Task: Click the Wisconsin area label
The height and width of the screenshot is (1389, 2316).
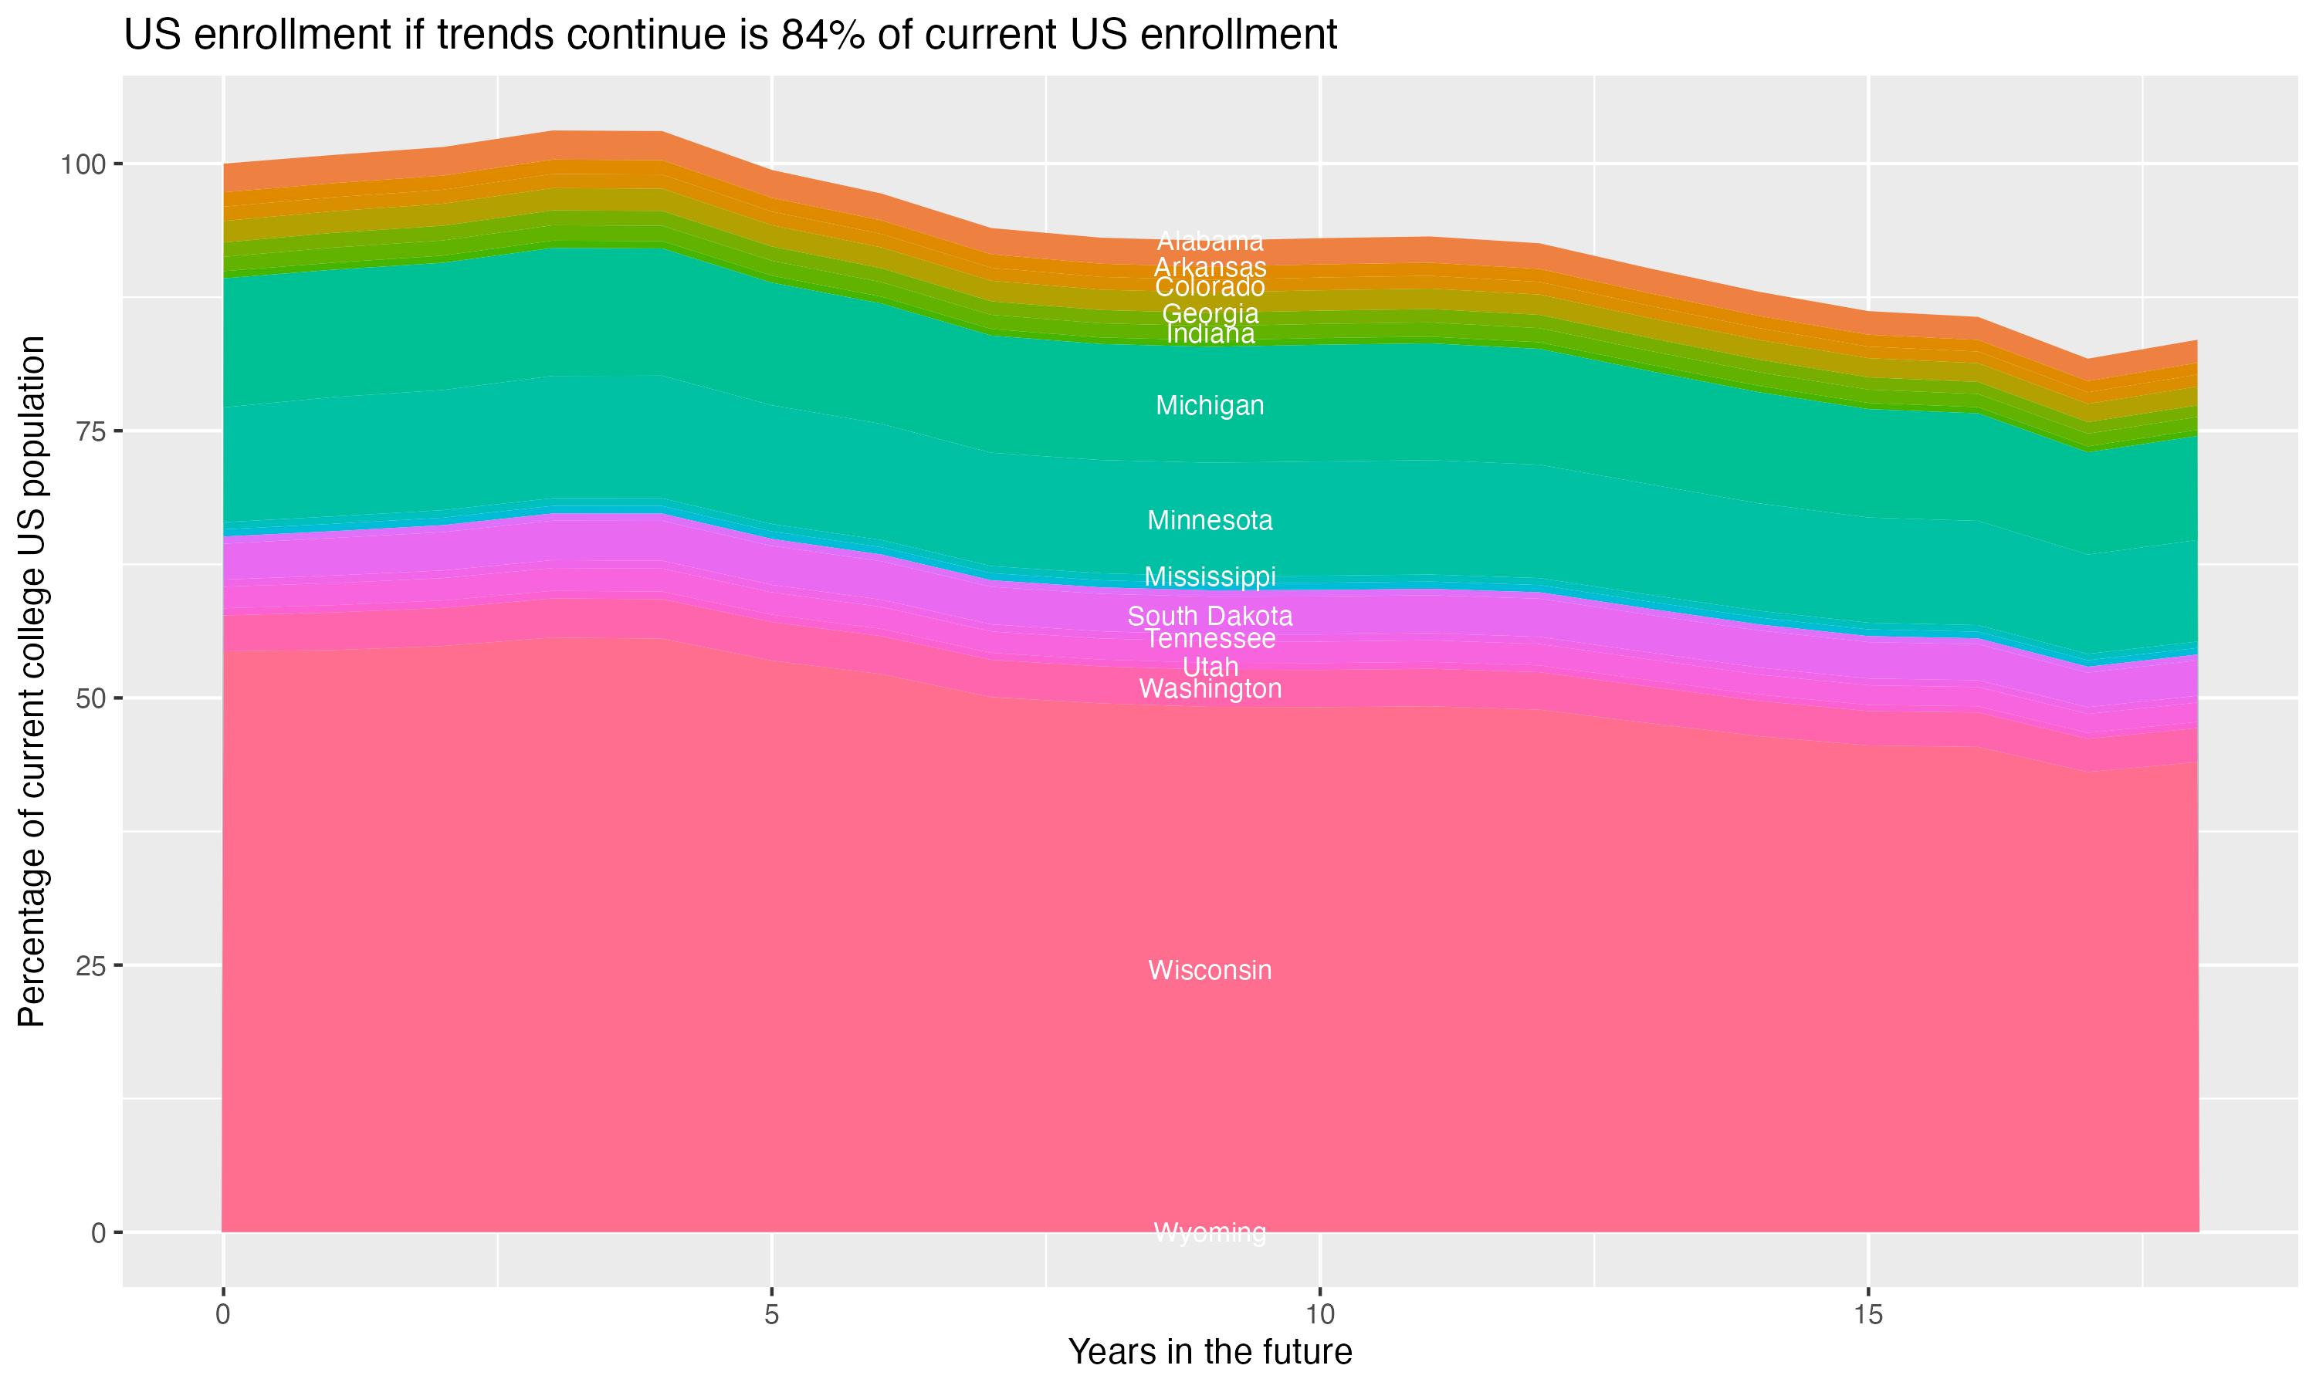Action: tap(1210, 971)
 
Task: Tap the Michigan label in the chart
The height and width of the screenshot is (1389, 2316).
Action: tap(1210, 405)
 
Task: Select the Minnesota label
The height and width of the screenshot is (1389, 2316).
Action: tap(1210, 520)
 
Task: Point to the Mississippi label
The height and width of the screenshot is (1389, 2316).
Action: tap(1210, 576)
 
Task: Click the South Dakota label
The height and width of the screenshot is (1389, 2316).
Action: tap(1210, 616)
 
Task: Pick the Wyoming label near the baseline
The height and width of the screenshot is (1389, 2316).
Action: tap(1210, 1232)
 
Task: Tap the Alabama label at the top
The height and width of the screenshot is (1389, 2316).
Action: tap(1210, 242)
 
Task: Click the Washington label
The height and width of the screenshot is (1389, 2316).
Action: tap(1210, 689)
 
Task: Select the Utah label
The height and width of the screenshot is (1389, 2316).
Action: tap(1210, 667)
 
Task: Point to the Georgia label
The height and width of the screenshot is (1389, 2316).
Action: tap(1210, 313)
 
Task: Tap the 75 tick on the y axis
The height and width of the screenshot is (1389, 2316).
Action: tap(88, 431)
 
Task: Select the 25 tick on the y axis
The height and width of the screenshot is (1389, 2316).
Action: tap(88, 966)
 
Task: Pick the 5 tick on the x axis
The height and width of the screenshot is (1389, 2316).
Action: tap(771, 1315)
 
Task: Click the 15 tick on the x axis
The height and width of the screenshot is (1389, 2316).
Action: tap(1867, 1315)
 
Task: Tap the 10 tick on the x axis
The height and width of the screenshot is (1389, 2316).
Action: tap(1319, 1315)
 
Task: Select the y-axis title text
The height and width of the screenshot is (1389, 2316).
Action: tap(32, 681)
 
